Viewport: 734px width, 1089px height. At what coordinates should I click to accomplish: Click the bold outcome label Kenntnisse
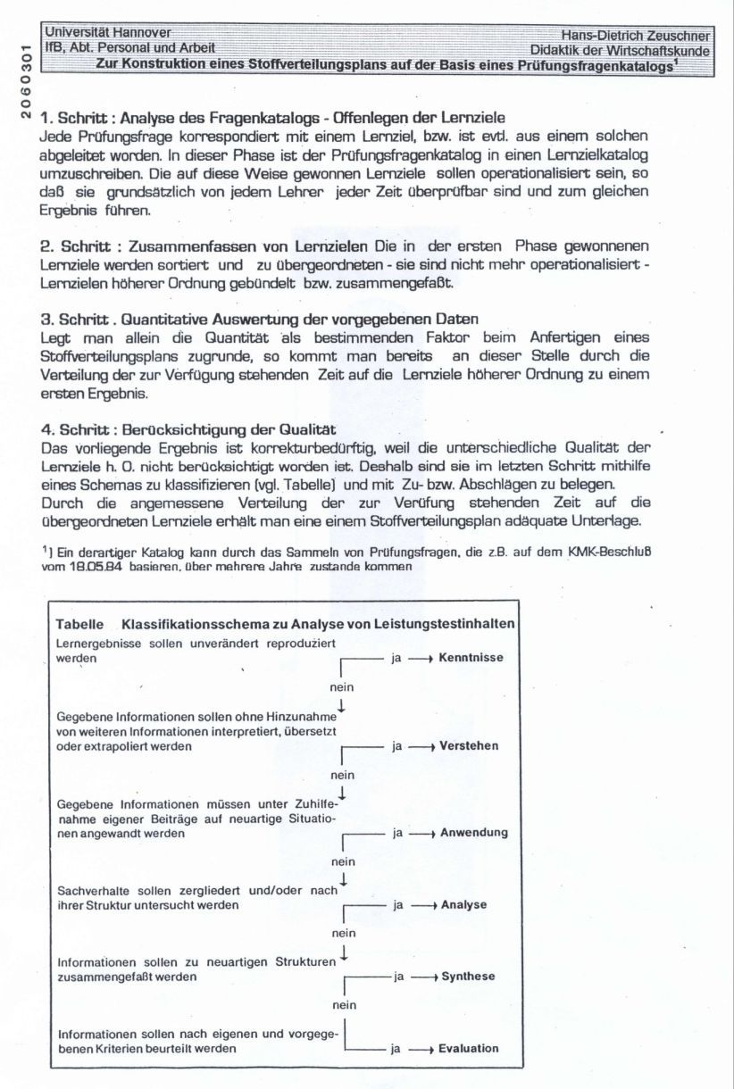click(471, 658)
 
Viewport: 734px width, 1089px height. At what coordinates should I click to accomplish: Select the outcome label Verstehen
click(469, 745)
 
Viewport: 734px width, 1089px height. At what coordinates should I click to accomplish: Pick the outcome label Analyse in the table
click(463, 905)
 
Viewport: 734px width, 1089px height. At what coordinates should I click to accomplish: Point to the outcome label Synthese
click(467, 977)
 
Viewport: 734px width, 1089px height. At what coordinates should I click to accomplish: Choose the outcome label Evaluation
click(468, 1049)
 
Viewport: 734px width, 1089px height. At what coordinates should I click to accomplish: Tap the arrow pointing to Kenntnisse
click(421, 658)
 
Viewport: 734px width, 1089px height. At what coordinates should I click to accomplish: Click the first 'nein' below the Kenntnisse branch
click(342, 687)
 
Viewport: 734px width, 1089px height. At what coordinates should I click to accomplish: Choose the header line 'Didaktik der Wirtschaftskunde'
click(620, 51)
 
